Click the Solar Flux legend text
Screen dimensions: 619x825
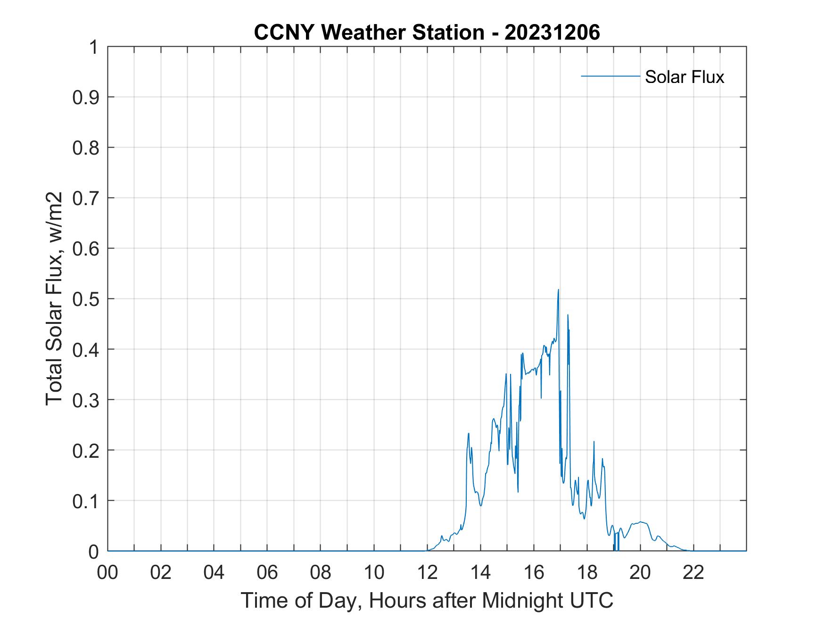tap(684, 77)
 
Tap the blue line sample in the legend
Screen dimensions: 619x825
tap(610, 76)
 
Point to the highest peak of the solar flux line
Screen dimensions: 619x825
tap(558, 290)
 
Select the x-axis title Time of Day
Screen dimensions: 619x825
tap(427, 600)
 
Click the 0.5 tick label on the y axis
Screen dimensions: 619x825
tap(86, 299)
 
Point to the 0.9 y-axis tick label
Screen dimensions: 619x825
tap(86, 98)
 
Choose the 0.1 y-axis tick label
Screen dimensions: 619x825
tap(86, 501)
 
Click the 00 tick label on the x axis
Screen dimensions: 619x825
tap(107, 573)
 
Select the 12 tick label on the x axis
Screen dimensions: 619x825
tap(427, 573)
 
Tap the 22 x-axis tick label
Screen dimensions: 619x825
tap(693, 573)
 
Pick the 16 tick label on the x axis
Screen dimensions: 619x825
tap(534, 573)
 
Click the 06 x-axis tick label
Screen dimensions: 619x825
tap(267, 573)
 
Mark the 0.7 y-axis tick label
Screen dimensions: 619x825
tap(86, 198)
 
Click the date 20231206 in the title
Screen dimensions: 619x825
tap(552, 33)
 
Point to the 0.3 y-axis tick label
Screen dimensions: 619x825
tap(86, 400)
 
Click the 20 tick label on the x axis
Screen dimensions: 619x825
tap(640, 573)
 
